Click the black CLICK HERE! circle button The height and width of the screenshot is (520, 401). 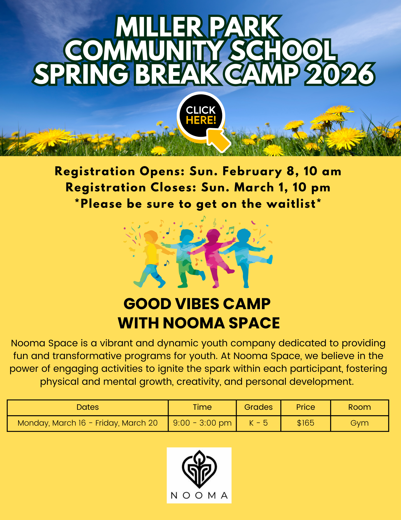(201, 115)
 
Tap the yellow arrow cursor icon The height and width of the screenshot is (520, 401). (219, 140)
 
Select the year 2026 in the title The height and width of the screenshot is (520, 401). (340, 74)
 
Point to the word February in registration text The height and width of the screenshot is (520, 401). (252, 172)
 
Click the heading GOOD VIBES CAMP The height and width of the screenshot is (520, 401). (197, 304)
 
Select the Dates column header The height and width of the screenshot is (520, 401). (88, 407)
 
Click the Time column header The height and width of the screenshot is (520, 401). (202, 407)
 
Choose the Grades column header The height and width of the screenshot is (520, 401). (259, 407)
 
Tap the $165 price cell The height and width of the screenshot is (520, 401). (306, 423)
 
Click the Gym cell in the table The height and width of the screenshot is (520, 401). (359, 423)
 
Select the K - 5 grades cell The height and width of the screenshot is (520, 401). (258, 423)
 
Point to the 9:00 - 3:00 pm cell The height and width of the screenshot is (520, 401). (202, 423)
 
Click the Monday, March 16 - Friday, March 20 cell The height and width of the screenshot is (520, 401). (88, 423)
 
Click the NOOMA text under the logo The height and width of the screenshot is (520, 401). (199, 495)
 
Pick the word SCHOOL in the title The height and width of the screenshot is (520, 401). (284, 50)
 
